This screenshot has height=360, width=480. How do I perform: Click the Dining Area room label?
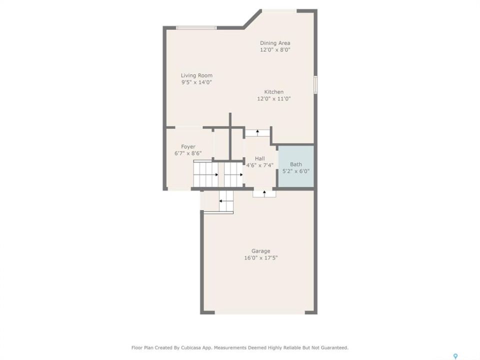[275, 43]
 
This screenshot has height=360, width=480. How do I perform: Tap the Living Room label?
[196, 75]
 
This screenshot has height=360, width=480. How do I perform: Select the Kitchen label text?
[274, 92]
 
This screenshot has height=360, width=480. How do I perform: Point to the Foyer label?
[188, 147]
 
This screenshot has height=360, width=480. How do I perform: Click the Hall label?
[260, 158]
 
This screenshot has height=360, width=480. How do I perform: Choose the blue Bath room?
[295, 166]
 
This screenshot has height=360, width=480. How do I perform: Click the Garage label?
[261, 251]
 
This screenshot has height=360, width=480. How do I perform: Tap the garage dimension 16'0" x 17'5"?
[261, 258]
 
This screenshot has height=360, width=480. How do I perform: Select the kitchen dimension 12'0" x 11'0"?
[274, 98]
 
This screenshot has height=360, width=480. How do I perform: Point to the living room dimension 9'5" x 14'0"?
[196, 82]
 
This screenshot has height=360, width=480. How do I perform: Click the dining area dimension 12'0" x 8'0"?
[275, 50]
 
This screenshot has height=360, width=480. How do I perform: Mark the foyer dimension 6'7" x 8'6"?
[188, 153]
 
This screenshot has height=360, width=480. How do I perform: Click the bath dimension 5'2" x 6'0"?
[295, 171]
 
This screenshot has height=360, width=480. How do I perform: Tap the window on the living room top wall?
[196, 28]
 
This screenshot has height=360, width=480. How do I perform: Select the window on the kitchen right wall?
[315, 84]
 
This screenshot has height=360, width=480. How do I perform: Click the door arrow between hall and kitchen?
[258, 132]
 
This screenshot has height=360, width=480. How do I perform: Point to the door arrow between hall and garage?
[264, 193]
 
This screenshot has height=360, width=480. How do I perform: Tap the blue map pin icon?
[455, 356]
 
